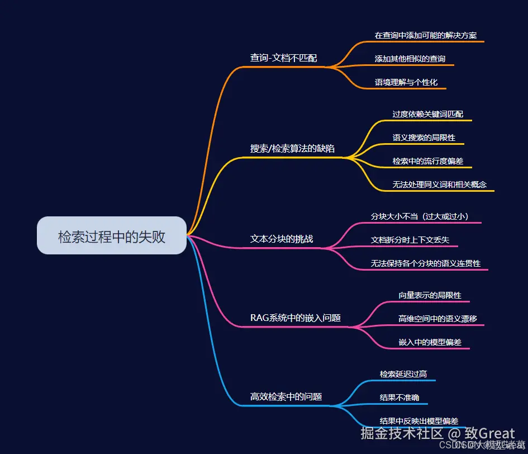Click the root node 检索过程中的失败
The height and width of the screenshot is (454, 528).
(x=112, y=236)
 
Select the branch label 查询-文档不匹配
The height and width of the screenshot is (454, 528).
(x=283, y=58)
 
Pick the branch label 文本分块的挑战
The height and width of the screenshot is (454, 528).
(x=282, y=239)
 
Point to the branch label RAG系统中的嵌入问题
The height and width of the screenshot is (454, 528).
(x=296, y=318)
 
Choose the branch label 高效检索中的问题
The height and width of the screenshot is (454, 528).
(x=286, y=396)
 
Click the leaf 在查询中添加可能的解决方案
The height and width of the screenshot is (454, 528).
(x=426, y=35)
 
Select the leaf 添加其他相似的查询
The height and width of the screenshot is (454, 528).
(x=410, y=59)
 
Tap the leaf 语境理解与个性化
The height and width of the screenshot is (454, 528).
(x=406, y=82)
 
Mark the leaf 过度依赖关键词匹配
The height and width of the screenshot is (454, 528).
(x=427, y=114)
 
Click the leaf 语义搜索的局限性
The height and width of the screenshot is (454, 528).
(x=424, y=138)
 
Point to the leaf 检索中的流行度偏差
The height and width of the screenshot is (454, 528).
(x=427, y=161)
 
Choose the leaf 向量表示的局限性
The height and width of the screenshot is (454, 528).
(x=430, y=295)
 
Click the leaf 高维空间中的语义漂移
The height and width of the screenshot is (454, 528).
(x=437, y=319)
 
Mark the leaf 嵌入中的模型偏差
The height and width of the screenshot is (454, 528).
(x=430, y=342)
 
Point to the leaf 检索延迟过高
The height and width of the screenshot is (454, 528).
(x=403, y=374)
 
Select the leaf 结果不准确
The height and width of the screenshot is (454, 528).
(x=399, y=398)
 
